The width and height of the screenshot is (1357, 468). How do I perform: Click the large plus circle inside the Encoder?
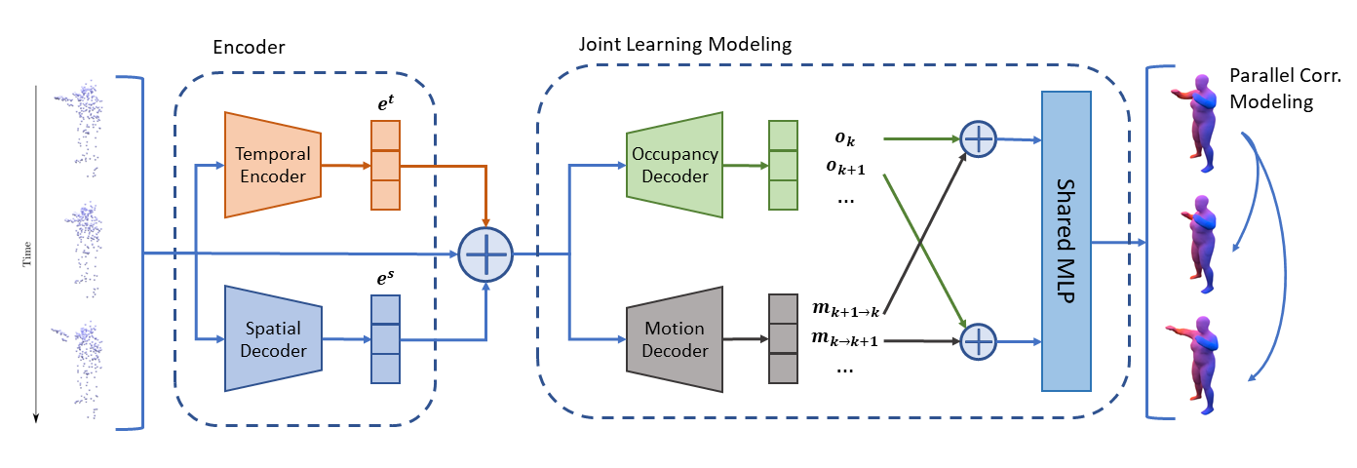point(485,253)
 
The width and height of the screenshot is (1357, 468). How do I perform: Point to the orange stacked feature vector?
point(385,165)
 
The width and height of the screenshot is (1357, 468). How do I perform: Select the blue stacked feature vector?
point(385,338)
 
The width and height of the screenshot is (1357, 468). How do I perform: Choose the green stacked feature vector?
point(783,165)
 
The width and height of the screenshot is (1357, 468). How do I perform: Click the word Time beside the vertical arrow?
point(26,253)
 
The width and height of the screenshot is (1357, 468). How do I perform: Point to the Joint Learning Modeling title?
point(684,45)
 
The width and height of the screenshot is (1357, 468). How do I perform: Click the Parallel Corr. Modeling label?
point(1271,89)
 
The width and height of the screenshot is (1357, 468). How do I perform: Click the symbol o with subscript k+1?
point(845,167)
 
